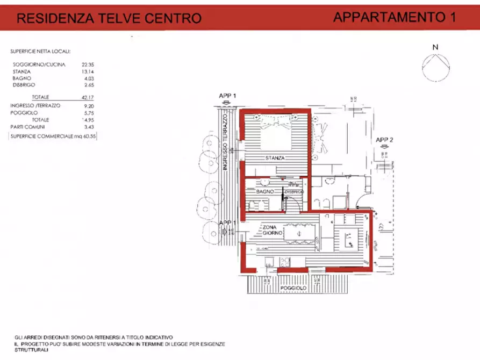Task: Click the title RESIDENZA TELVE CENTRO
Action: (109, 18)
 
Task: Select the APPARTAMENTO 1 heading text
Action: (394, 17)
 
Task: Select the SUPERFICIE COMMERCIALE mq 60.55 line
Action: (53, 137)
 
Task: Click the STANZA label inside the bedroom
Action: (274, 158)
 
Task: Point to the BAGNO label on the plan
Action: (265, 192)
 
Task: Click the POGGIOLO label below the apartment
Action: (293, 289)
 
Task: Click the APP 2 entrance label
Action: (384, 140)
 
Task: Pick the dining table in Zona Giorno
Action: (300, 233)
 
